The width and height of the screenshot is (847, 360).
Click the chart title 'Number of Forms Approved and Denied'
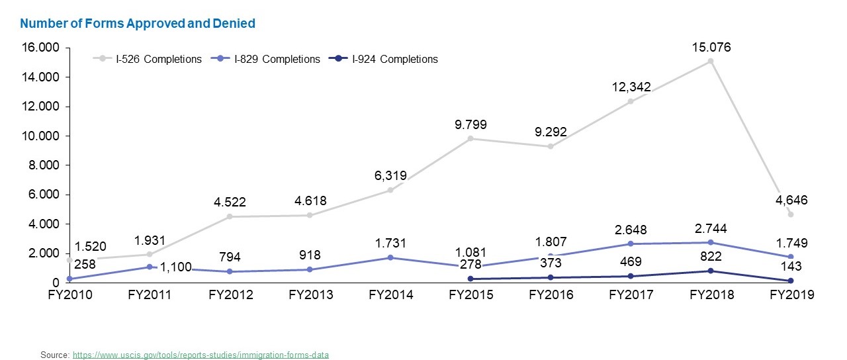[x=138, y=23]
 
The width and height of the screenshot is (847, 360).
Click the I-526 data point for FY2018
[x=710, y=61]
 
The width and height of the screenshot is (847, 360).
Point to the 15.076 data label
[x=711, y=48]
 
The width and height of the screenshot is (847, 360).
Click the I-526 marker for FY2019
[x=791, y=214]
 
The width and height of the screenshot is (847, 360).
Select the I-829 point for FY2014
[x=390, y=257]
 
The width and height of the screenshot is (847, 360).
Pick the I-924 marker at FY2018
[x=710, y=271]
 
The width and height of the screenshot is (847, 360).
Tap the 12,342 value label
[x=630, y=87]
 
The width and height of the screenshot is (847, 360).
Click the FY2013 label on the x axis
[x=310, y=295]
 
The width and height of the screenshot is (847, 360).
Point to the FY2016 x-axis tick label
[x=551, y=295]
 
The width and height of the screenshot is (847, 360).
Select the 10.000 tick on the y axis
[x=42, y=136]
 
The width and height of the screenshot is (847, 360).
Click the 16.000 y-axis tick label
[x=42, y=48]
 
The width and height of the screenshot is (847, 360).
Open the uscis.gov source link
[x=201, y=355]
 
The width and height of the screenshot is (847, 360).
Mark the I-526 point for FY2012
[x=230, y=216]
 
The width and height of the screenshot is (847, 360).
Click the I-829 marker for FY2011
[x=150, y=267]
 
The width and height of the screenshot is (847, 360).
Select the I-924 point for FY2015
[x=470, y=279]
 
